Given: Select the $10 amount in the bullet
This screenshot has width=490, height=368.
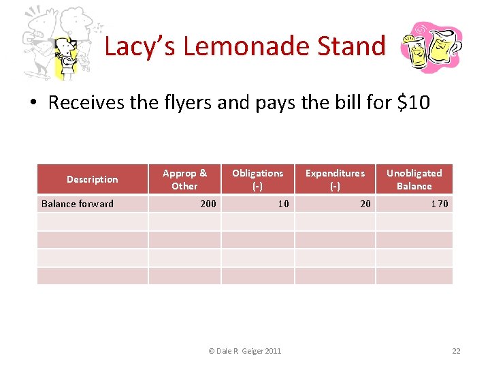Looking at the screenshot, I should pyautogui.click(x=413, y=103).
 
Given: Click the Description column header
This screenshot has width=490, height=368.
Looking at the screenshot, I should pyautogui.click(x=92, y=179).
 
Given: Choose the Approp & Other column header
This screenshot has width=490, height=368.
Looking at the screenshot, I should pyautogui.click(x=184, y=179).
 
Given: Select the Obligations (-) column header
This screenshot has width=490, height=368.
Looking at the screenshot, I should pyautogui.click(x=257, y=179).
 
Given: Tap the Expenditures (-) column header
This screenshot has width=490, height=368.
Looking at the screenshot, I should pyautogui.click(x=334, y=179).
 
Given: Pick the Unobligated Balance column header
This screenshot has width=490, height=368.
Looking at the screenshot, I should pyautogui.click(x=414, y=179).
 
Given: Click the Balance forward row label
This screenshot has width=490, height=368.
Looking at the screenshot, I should pyautogui.click(x=78, y=204).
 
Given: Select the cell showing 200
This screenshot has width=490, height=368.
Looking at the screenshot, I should pyautogui.click(x=208, y=204).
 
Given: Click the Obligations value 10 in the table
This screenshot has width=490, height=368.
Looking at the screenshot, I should pyautogui.click(x=283, y=204).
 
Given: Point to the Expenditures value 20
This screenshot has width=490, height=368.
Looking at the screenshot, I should pyautogui.click(x=365, y=204).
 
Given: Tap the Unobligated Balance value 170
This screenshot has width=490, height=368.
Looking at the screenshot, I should pyautogui.click(x=439, y=204).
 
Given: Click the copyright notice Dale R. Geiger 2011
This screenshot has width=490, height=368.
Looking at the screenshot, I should pyautogui.click(x=244, y=351).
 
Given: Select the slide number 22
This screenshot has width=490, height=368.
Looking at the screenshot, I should pyautogui.click(x=456, y=351).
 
